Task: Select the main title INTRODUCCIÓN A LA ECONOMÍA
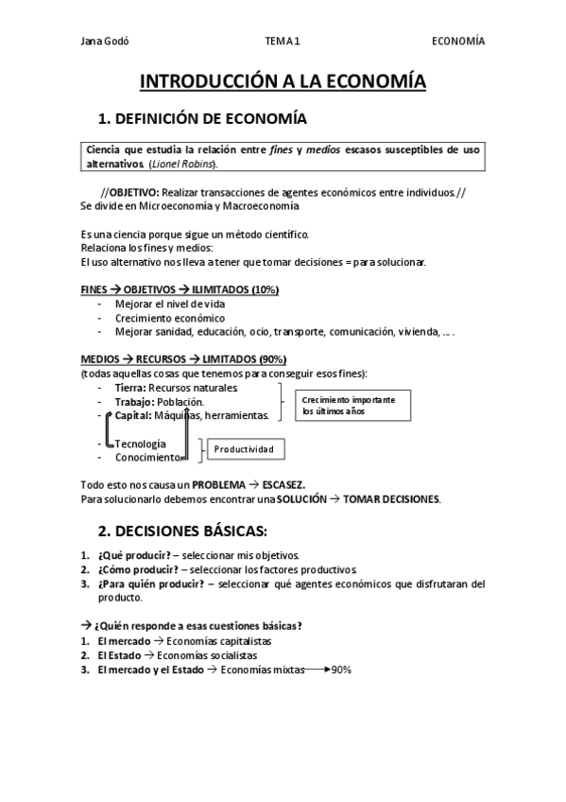(x=283, y=82)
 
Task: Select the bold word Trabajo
(x=133, y=402)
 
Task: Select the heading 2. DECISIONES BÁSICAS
(x=183, y=528)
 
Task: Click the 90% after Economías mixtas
(x=342, y=669)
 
